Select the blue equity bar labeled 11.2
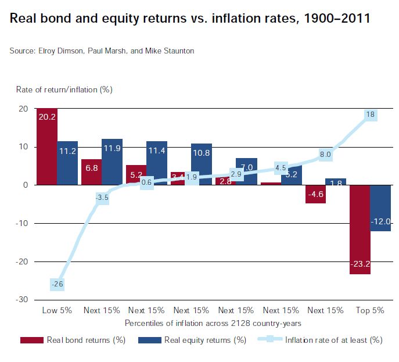pos(67,163)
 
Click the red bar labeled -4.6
pos(315,194)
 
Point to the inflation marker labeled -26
pos(57,284)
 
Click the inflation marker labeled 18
pos(370,114)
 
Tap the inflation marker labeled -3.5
pos(102,198)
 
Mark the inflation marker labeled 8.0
pos(325,155)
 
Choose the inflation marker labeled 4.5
pos(281,168)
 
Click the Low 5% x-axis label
pos(57,310)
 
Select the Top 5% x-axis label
pos(370,310)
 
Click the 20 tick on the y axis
pos(23,109)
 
